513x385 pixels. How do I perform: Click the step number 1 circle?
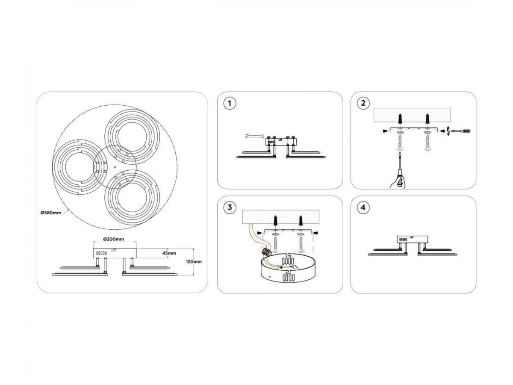click(x=229, y=104)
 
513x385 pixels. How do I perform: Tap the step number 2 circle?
click(x=363, y=103)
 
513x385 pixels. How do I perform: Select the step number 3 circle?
click(x=230, y=207)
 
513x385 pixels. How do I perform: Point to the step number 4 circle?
click(x=363, y=207)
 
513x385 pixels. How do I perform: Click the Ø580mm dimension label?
click(x=51, y=213)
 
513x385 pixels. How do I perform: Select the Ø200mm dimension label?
click(x=114, y=239)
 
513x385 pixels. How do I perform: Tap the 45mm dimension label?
click(x=169, y=253)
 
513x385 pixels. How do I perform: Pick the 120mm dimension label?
click(x=194, y=261)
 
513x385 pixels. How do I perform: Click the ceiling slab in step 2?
click(x=412, y=115)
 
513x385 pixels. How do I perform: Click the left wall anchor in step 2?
click(x=400, y=119)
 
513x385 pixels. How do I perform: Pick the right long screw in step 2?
click(x=427, y=144)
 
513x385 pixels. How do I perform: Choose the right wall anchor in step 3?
click(x=301, y=221)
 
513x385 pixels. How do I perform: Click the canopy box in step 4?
click(x=413, y=240)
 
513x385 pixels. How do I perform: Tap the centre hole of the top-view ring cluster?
click(x=114, y=167)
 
